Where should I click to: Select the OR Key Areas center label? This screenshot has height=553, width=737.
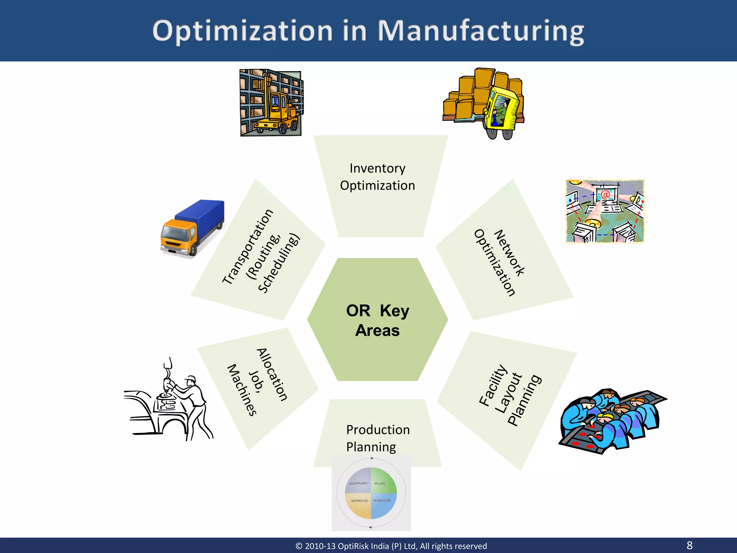click(377, 320)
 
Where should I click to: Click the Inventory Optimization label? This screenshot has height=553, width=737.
click(377, 177)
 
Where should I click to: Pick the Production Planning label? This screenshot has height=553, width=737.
click(377, 438)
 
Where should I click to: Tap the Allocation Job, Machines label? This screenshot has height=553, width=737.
click(257, 382)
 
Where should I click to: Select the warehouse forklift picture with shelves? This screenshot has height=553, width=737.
click(271, 103)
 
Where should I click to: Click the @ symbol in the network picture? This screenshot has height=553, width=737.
click(605, 195)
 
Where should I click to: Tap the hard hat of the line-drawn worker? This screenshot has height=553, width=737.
click(190, 379)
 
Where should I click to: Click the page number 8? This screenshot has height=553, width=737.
click(689, 545)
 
